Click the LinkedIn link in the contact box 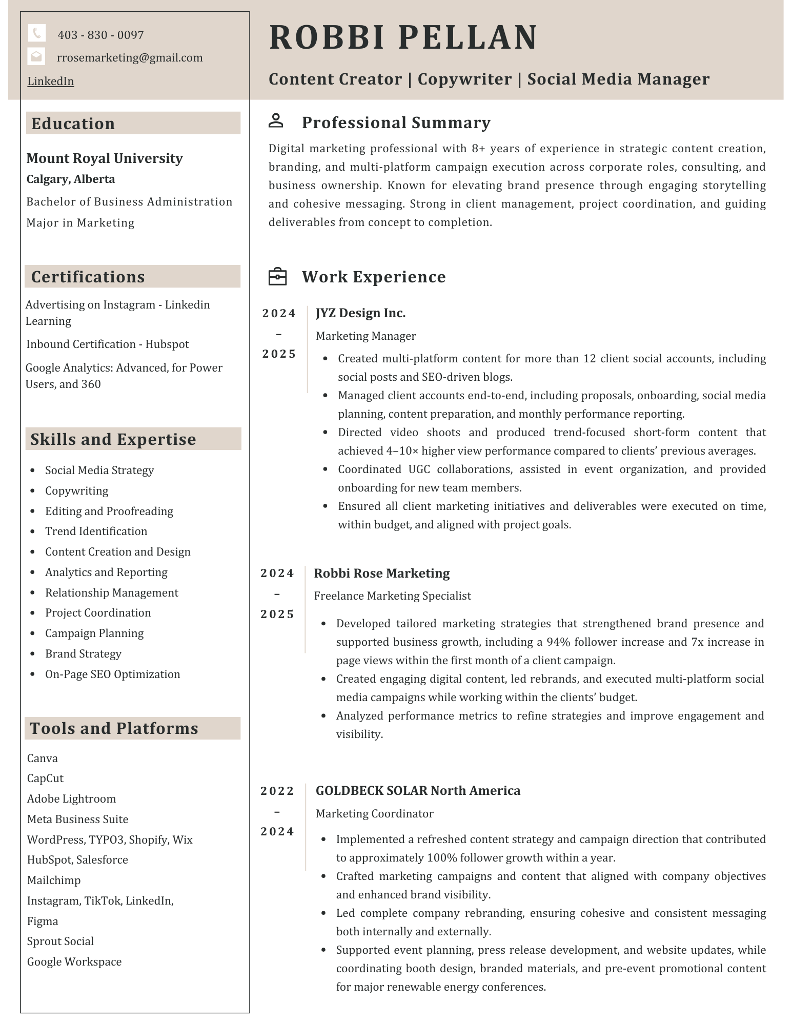[x=51, y=81]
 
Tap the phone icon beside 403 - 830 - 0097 [x=36, y=34]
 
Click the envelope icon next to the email [x=36, y=57]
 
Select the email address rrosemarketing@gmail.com [x=130, y=57]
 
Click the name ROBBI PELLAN [x=403, y=37]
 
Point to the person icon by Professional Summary [x=276, y=121]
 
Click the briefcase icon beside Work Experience [x=277, y=276]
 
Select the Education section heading [x=73, y=124]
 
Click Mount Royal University [x=105, y=158]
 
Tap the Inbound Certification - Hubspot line [x=108, y=344]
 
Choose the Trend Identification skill [x=96, y=531]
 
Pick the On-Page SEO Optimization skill [x=112, y=674]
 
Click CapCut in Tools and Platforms [x=45, y=778]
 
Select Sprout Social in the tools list [x=60, y=941]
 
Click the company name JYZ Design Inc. [x=360, y=313]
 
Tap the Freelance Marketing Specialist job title [x=392, y=596]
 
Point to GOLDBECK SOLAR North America [x=418, y=791]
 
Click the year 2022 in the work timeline [x=277, y=791]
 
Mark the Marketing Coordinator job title [x=374, y=814]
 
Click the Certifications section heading [x=88, y=277]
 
